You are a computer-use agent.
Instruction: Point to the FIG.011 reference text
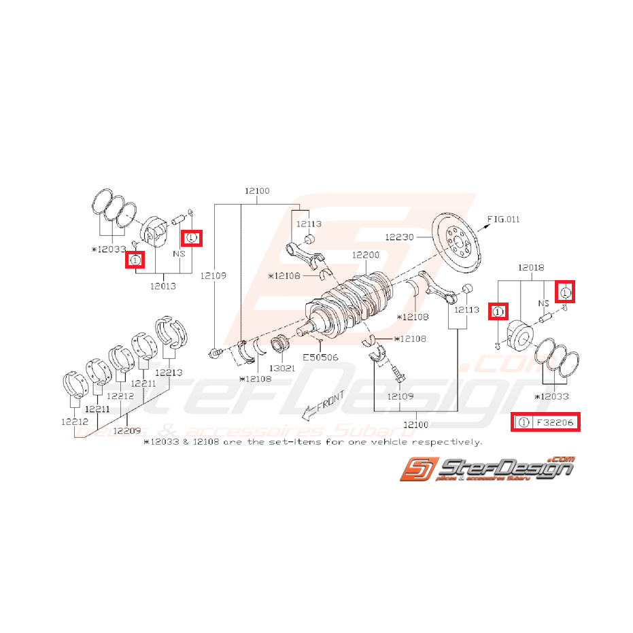[x=503, y=219]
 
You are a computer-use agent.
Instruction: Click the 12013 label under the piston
[x=162, y=286]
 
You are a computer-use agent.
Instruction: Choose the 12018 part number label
[x=531, y=269]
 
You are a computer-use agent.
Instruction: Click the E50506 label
[x=320, y=356]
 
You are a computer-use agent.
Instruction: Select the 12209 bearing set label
[x=127, y=430]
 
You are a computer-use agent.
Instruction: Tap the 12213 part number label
[x=168, y=373]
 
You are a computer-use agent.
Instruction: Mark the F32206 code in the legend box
[x=555, y=423]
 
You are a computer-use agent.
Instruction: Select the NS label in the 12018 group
[x=543, y=303]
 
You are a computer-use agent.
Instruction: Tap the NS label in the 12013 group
[x=179, y=253]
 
